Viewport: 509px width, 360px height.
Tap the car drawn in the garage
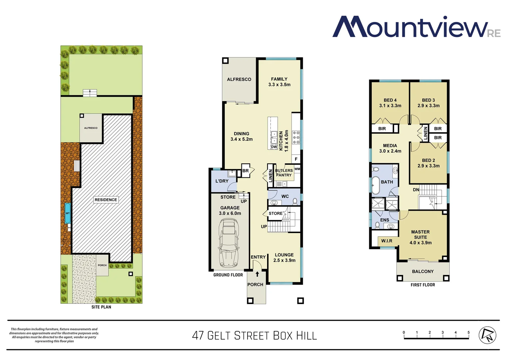click(x=229, y=243)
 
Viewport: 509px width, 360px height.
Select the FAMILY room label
click(x=279, y=79)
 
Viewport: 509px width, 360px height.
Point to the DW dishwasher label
click(x=274, y=147)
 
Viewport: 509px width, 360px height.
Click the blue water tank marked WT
click(x=68, y=213)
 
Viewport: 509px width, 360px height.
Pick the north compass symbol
click(x=487, y=335)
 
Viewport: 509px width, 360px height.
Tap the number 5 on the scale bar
click(x=468, y=332)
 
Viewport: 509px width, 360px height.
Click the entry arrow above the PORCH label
click(x=257, y=274)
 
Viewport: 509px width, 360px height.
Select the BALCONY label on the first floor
click(x=423, y=271)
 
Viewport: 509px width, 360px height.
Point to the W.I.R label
click(x=386, y=241)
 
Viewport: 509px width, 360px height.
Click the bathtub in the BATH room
click(x=375, y=185)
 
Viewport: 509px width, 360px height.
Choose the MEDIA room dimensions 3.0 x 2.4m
click(x=390, y=151)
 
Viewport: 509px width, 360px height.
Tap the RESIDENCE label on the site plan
click(x=106, y=200)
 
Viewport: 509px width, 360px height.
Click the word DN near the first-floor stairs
click(x=416, y=190)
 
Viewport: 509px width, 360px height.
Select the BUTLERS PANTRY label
click(x=284, y=173)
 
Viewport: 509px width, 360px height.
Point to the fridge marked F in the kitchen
click(x=296, y=159)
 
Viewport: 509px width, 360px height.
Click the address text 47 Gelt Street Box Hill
click(x=254, y=335)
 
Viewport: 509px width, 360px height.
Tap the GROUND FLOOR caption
click(x=228, y=275)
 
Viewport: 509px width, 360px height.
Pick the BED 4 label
click(x=390, y=100)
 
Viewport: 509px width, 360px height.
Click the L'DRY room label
click(x=222, y=181)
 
